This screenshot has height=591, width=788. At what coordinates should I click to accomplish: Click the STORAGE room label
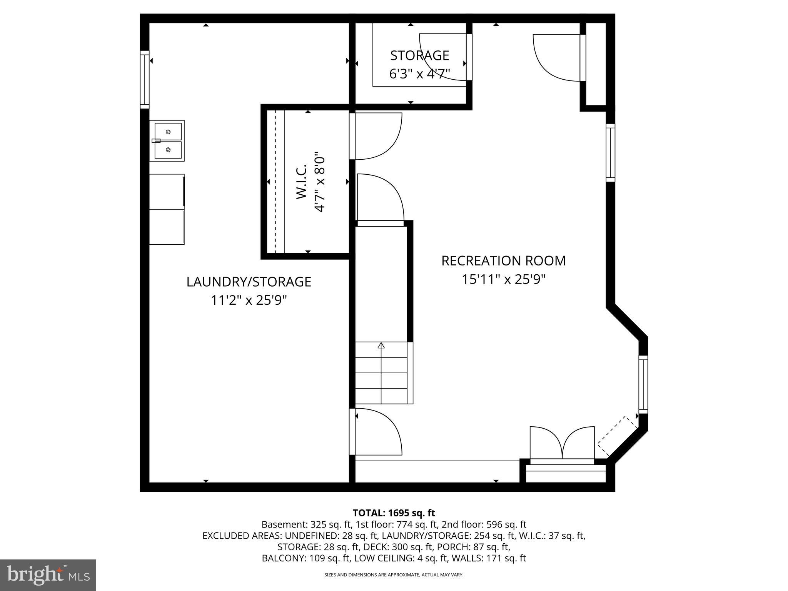click(419, 56)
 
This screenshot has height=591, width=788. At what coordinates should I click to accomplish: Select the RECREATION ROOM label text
click(503, 261)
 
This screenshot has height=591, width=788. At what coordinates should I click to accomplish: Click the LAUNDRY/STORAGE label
click(249, 282)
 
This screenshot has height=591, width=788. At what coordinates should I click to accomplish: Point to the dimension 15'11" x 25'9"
click(503, 279)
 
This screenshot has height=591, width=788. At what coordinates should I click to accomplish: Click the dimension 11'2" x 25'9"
click(249, 300)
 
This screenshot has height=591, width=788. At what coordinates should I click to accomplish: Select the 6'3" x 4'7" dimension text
click(419, 73)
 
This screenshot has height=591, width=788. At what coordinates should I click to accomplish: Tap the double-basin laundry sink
click(168, 140)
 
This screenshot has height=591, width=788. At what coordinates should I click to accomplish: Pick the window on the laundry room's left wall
click(144, 80)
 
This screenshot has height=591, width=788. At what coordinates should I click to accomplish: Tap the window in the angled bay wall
click(643, 384)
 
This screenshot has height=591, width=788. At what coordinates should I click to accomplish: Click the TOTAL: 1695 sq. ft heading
click(394, 513)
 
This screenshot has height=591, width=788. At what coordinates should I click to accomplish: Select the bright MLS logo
click(48, 575)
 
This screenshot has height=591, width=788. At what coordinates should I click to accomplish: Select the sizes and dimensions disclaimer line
click(394, 575)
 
